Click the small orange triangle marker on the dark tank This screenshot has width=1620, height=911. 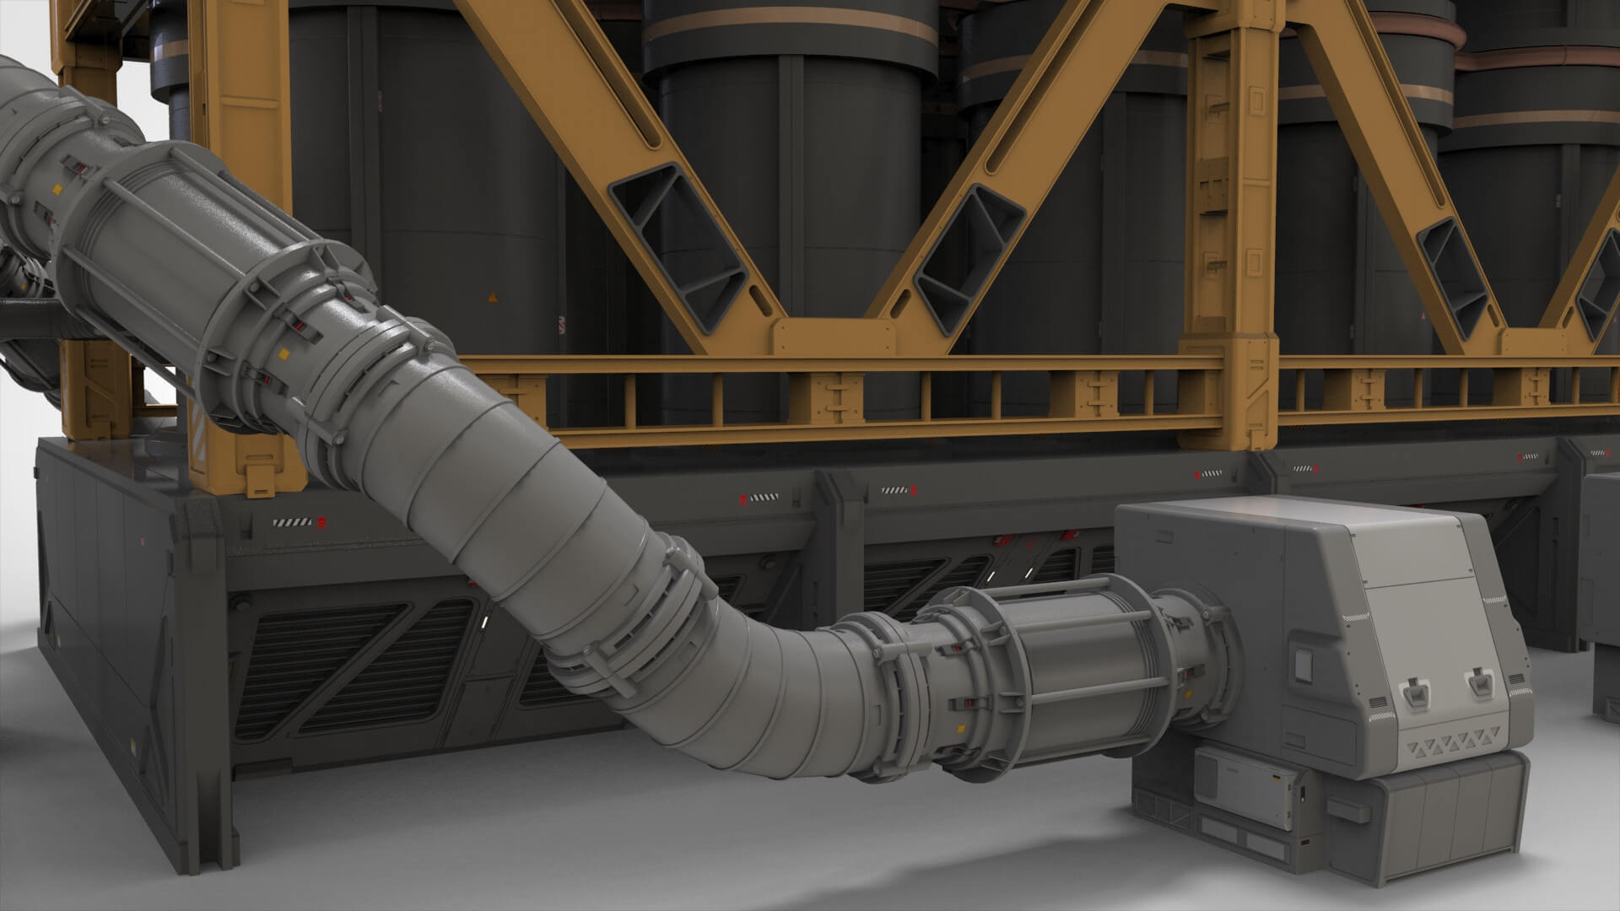[x=492, y=297]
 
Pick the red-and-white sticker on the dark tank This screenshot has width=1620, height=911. [x=561, y=325]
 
